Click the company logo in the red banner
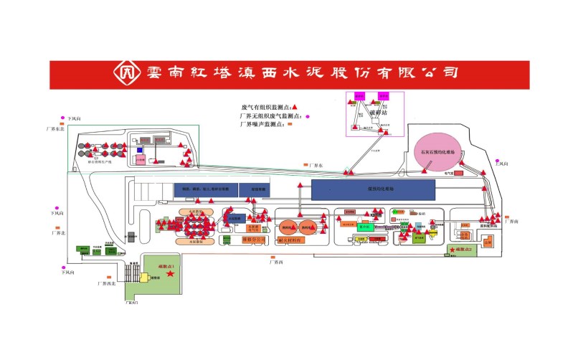pyautogui.click(x=128, y=73)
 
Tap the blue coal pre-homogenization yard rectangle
pyautogui.click(x=373, y=189)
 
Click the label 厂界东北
pyautogui.click(x=56, y=128)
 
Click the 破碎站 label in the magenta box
pyautogui.click(x=377, y=113)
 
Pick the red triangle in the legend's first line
pyautogui.click(x=294, y=106)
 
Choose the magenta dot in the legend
pyautogui.click(x=308, y=115)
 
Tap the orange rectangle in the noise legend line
pyautogui.click(x=291, y=124)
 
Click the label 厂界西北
pyautogui.click(x=106, y=283)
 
